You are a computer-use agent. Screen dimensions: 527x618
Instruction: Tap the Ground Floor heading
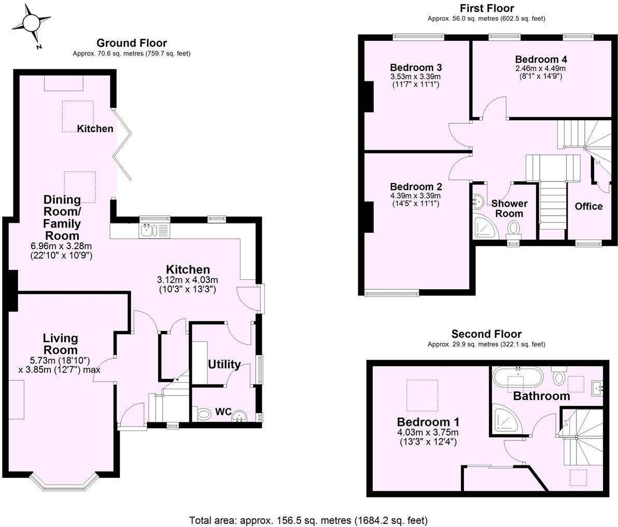pyautogui.click(x=132, y=43)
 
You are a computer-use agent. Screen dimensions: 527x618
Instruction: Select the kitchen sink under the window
pyautogui.click(x=148, y=230)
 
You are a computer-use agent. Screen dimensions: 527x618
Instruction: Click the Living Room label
pyautogui.click(x=61, y=344)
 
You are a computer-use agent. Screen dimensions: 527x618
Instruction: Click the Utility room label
pyautogui.click(x=224, y=364)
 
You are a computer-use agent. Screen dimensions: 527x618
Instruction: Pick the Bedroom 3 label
pyautogui.click(x=416, y=67)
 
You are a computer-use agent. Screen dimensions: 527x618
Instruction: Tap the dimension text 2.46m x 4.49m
pyautogui.click(x=540, y=68)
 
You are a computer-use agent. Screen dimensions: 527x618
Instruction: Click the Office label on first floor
pyautogui.click(x=588, y=206)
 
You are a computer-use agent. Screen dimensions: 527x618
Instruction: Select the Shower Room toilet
pyautogui.click(x=514, y=227)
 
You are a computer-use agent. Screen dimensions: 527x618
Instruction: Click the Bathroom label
pyautogui.click(x=541, y=396)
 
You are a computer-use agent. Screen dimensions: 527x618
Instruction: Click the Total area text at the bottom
pyautogui.click(x=308, y=520)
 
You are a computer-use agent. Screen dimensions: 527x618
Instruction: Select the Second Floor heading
pyautogui.click(x=486, y=334)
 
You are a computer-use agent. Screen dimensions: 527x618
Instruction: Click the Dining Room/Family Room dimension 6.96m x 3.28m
pyautogui.click(x=61, y=246)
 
